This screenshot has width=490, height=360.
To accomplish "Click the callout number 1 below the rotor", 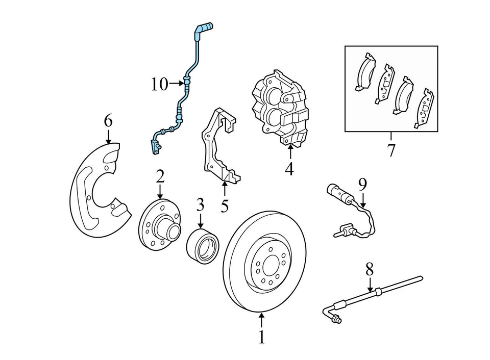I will click(x=261, y=337).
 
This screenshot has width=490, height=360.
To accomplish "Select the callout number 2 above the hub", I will click(x=160, y=177).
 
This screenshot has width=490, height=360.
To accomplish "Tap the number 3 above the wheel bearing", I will click(x=200, y=205).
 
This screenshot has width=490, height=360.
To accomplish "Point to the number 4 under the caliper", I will click(x=289, y=168).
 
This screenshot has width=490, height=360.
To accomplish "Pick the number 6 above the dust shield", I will click(x=108, y=121).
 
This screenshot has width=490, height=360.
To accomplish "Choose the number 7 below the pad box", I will click(x=391, y=151).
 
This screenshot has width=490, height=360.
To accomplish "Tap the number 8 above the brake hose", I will click(x=370, y=269).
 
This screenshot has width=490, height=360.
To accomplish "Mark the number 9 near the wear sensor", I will click(x=362, y=184).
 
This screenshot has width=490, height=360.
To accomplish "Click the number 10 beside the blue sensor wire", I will click(x=159, y=84).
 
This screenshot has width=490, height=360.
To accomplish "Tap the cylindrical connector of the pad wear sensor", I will click(x=336, y=193).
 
